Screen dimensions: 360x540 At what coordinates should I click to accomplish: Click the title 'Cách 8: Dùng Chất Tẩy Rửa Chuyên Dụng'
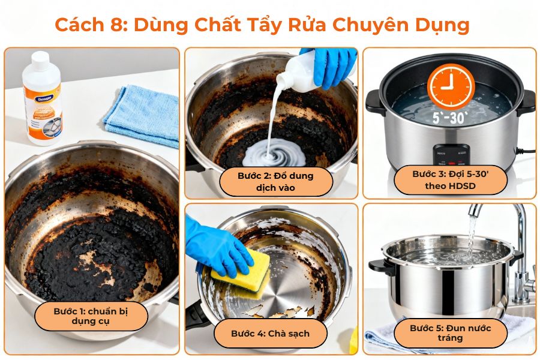coord(262,25)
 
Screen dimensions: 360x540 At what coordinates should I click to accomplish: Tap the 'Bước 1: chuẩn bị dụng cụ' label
coord(91,316)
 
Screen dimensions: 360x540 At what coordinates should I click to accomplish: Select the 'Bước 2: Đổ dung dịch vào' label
coord(275,181)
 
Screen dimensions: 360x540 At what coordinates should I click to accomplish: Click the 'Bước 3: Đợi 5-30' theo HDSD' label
coord(451,179)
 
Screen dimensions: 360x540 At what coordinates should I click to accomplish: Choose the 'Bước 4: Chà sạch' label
coord(270,333)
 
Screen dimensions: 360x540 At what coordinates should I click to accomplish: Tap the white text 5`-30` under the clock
coord(451,118)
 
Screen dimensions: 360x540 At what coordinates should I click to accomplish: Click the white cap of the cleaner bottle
coord(40,61)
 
